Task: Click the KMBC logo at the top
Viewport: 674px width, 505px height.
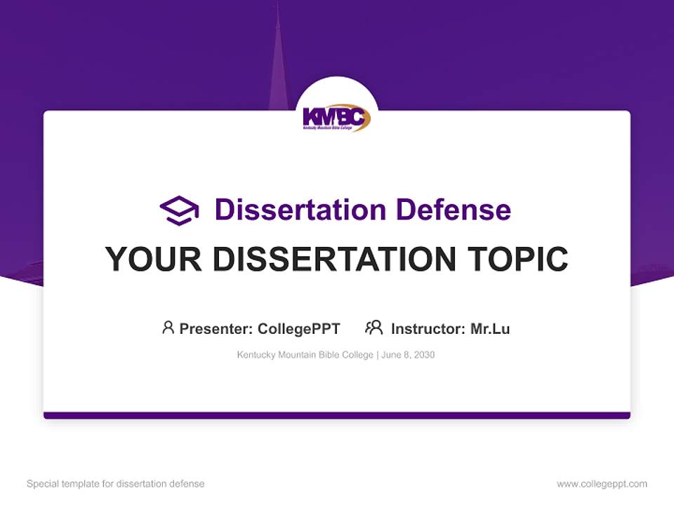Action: (x=336, y=118)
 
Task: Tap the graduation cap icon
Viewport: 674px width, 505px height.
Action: (x=179, y=210)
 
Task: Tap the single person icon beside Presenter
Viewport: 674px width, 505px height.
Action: (x=168, y=328)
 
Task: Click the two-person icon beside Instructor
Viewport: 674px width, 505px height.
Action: (x=374, y=328)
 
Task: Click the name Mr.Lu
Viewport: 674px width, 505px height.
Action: (x=490, y=329)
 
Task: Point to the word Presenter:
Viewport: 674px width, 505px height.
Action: (x=216, y=329)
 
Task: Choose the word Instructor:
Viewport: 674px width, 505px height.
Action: (x=428, y=329)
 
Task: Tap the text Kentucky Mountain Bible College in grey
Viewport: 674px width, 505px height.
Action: (x=305, y=355)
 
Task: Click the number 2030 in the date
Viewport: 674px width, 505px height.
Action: (x=424, y=355)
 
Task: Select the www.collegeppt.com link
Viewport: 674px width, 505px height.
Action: (x=602, y=484)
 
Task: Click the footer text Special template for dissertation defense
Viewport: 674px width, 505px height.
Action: (x=116, y=484)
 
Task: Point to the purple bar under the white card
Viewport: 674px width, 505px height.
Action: (x=337, y=415)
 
